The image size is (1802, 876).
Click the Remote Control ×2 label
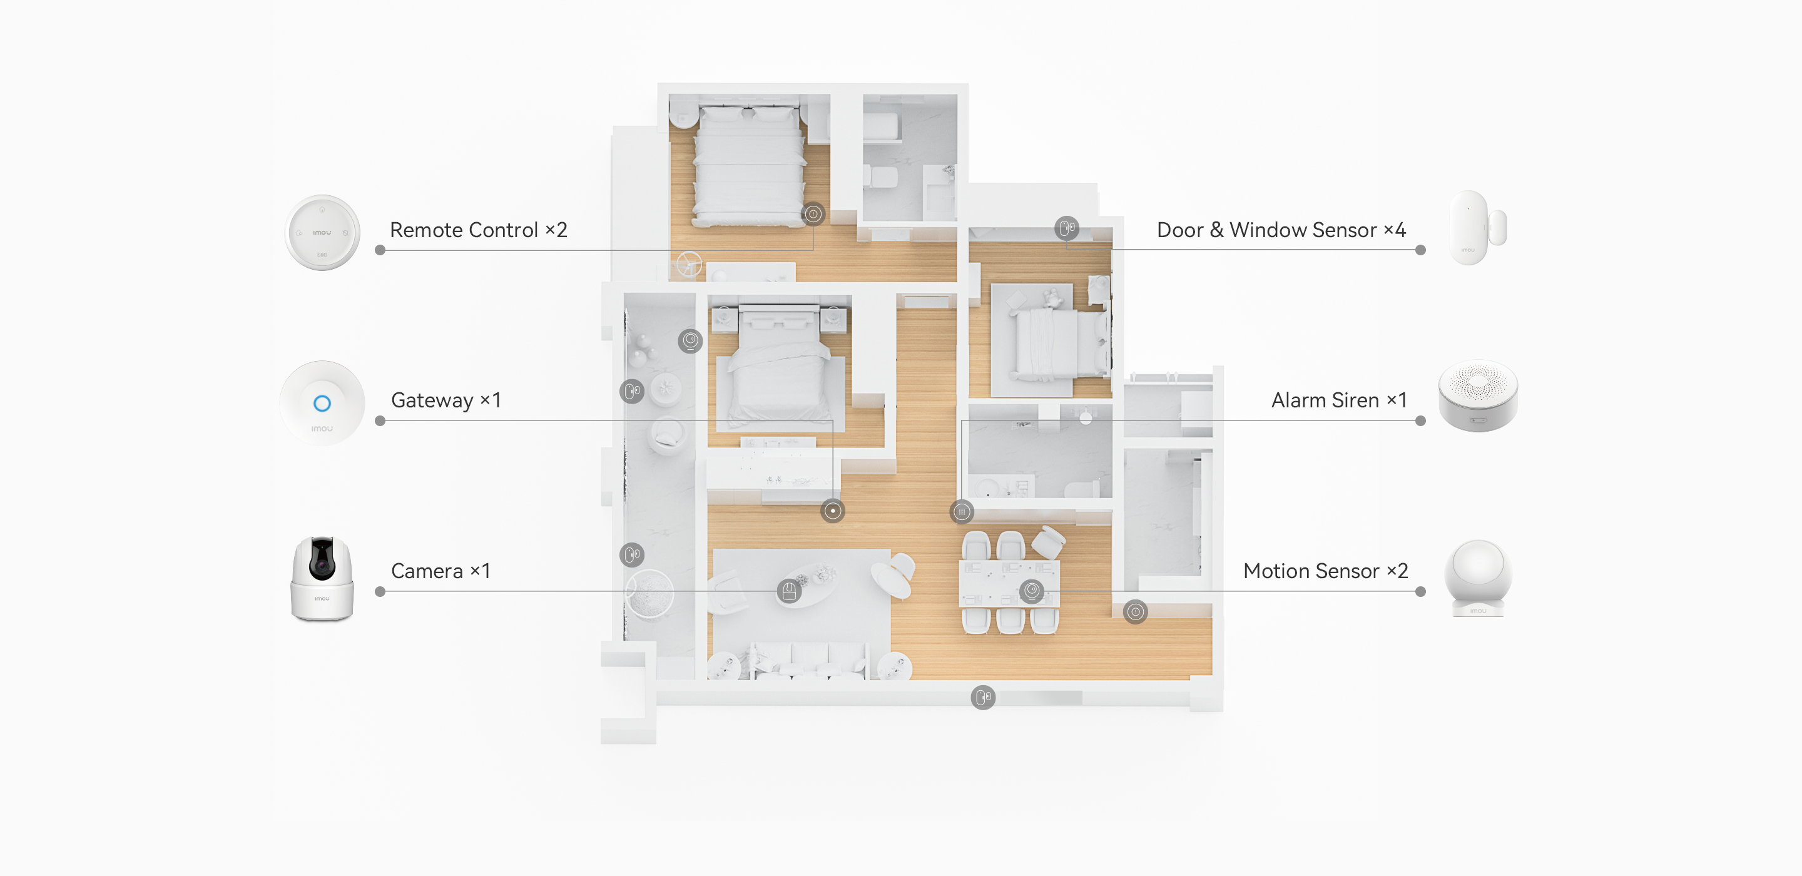click(479, 230)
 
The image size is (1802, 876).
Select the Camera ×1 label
click(440, 571)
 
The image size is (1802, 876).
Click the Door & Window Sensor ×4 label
click(1281, 230)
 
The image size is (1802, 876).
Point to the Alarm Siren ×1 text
click(1338, 400)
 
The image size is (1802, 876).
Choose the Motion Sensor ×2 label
click(1325, 571)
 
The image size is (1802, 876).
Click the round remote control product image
click(322, 232)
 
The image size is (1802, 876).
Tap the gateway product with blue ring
click(322, 403)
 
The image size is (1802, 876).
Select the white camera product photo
click(322, 579)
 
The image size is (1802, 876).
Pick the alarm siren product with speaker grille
click(1477, 396)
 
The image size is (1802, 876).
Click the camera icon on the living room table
click(789, 591)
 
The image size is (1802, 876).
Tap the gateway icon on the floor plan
click(832, 511)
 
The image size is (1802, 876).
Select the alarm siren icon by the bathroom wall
click(962, 512)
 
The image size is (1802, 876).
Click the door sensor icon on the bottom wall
click(983, 697)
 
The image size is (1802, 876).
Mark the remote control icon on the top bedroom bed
click(813, 214)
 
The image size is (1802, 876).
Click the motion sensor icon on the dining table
click(1031, 591)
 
